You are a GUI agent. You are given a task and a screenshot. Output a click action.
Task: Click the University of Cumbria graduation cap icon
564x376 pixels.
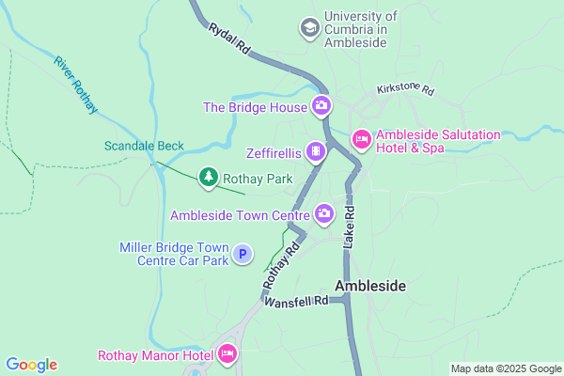coord(309,29)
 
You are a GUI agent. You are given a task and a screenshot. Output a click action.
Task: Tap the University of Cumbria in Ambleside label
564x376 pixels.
coord(361,29)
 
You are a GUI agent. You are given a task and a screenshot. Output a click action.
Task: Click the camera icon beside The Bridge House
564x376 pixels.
coord(321,105)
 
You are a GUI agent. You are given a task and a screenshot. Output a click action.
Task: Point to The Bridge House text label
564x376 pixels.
coord(255,107)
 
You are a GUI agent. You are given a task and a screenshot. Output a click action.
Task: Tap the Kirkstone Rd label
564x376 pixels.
coord(405,90)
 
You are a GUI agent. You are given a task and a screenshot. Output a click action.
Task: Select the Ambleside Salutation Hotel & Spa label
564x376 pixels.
coord(438,142)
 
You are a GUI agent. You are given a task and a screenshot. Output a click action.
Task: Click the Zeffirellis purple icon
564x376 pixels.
coord(317,151)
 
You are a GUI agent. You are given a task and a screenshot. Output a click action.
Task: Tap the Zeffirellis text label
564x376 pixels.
coord(273,152)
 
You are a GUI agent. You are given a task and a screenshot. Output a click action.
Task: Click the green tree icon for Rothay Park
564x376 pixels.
coord(208,177)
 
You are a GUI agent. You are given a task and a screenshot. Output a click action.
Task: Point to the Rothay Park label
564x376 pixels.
coord(258,179)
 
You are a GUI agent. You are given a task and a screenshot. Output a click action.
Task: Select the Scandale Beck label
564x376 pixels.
coord(144,147)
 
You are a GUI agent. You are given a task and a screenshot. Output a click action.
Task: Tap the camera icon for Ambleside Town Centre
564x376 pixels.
coord(324,213)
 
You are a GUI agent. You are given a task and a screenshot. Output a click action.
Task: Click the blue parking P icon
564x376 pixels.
coord(243,253)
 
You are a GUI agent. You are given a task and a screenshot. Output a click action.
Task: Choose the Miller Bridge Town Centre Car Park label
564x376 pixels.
coord(174,254)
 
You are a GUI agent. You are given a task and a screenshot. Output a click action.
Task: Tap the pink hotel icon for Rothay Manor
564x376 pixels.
coord(227,354)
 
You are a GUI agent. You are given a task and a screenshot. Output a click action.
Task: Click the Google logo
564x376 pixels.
coord(31,365)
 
